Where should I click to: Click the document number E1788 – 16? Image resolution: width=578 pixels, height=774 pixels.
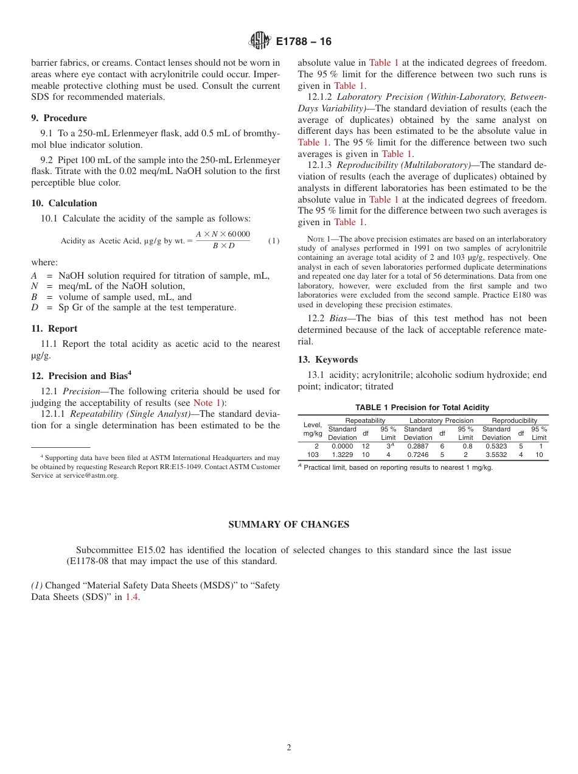pos(304,41)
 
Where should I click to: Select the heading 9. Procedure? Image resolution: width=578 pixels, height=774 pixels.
pos(59,118)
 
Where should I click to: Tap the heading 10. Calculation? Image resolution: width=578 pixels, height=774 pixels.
pos(64,203)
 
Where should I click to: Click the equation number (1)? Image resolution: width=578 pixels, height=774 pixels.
pos(274,241)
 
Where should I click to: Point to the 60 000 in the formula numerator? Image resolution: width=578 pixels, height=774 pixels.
pos(239,235)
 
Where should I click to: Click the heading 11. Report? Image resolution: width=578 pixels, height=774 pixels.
pos(54,329)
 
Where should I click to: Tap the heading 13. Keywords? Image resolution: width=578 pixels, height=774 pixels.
pos(328,360)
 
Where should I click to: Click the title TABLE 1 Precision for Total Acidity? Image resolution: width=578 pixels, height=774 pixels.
pos(422,408)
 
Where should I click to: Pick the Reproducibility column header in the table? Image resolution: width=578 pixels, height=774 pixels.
pos(514,420)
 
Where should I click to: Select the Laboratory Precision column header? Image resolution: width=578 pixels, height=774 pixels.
pos(441,420)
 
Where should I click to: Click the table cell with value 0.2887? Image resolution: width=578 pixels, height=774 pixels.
pos(418,446)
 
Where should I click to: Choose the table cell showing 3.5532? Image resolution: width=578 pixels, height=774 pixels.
pos(496,455)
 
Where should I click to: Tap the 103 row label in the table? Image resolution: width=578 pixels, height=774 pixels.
pos(313,455)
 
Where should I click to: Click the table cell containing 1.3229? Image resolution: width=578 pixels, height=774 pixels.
pos(342,455)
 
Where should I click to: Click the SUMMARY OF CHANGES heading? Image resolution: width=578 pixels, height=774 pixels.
pos(288,525)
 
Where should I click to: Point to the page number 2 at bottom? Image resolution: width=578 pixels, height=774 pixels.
pos(289,748)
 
